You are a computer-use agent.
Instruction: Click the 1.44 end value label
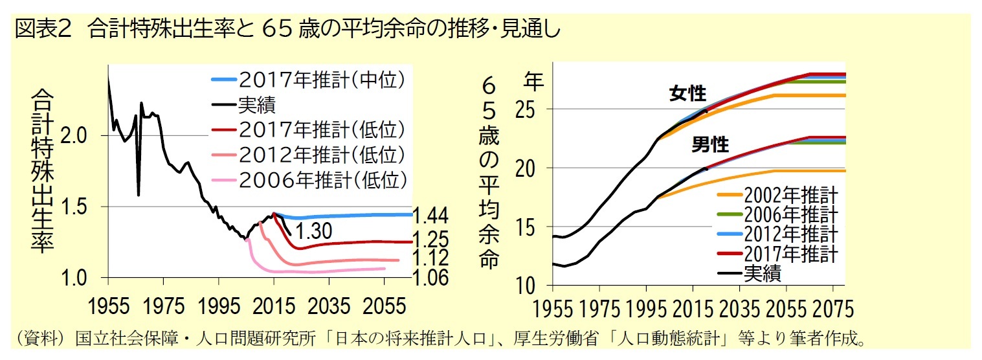pyautogui.click(x=430, y=216)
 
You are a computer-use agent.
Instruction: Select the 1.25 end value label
pyautogui.click(x=430, y=238)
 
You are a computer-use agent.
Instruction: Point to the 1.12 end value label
pyautogui.click(x=430, y=258)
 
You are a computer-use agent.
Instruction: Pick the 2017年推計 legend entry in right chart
pyautogui.click(x=790, y=252)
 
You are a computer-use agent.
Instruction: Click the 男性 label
pyautogui.click(x=710, y=145)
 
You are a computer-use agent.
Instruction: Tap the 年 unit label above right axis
pyautogui.click(x=533, y=81)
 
